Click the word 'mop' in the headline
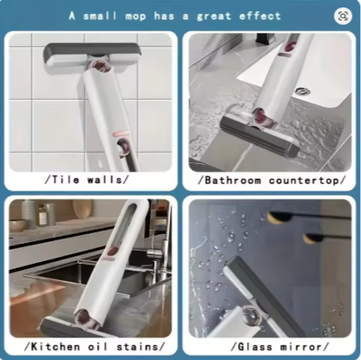(x=135, y=16)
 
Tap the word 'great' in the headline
(x=213, y=16)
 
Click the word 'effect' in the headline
(x=260, y=16)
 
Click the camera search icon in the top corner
(x=343, y=16)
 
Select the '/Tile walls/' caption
(x=87, y=180)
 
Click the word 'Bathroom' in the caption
(x=233, y=180)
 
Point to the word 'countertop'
(x=305, y=180)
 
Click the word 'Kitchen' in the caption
(x=55, y=346)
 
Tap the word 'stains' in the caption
(x=138, y=346)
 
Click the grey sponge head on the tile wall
(x=92, y=54)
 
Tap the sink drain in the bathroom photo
(x=303, y=91)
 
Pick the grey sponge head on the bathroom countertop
(x=259, y=136)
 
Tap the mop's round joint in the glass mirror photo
(x=251, y=316)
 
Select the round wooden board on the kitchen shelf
(x=82, y=207)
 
